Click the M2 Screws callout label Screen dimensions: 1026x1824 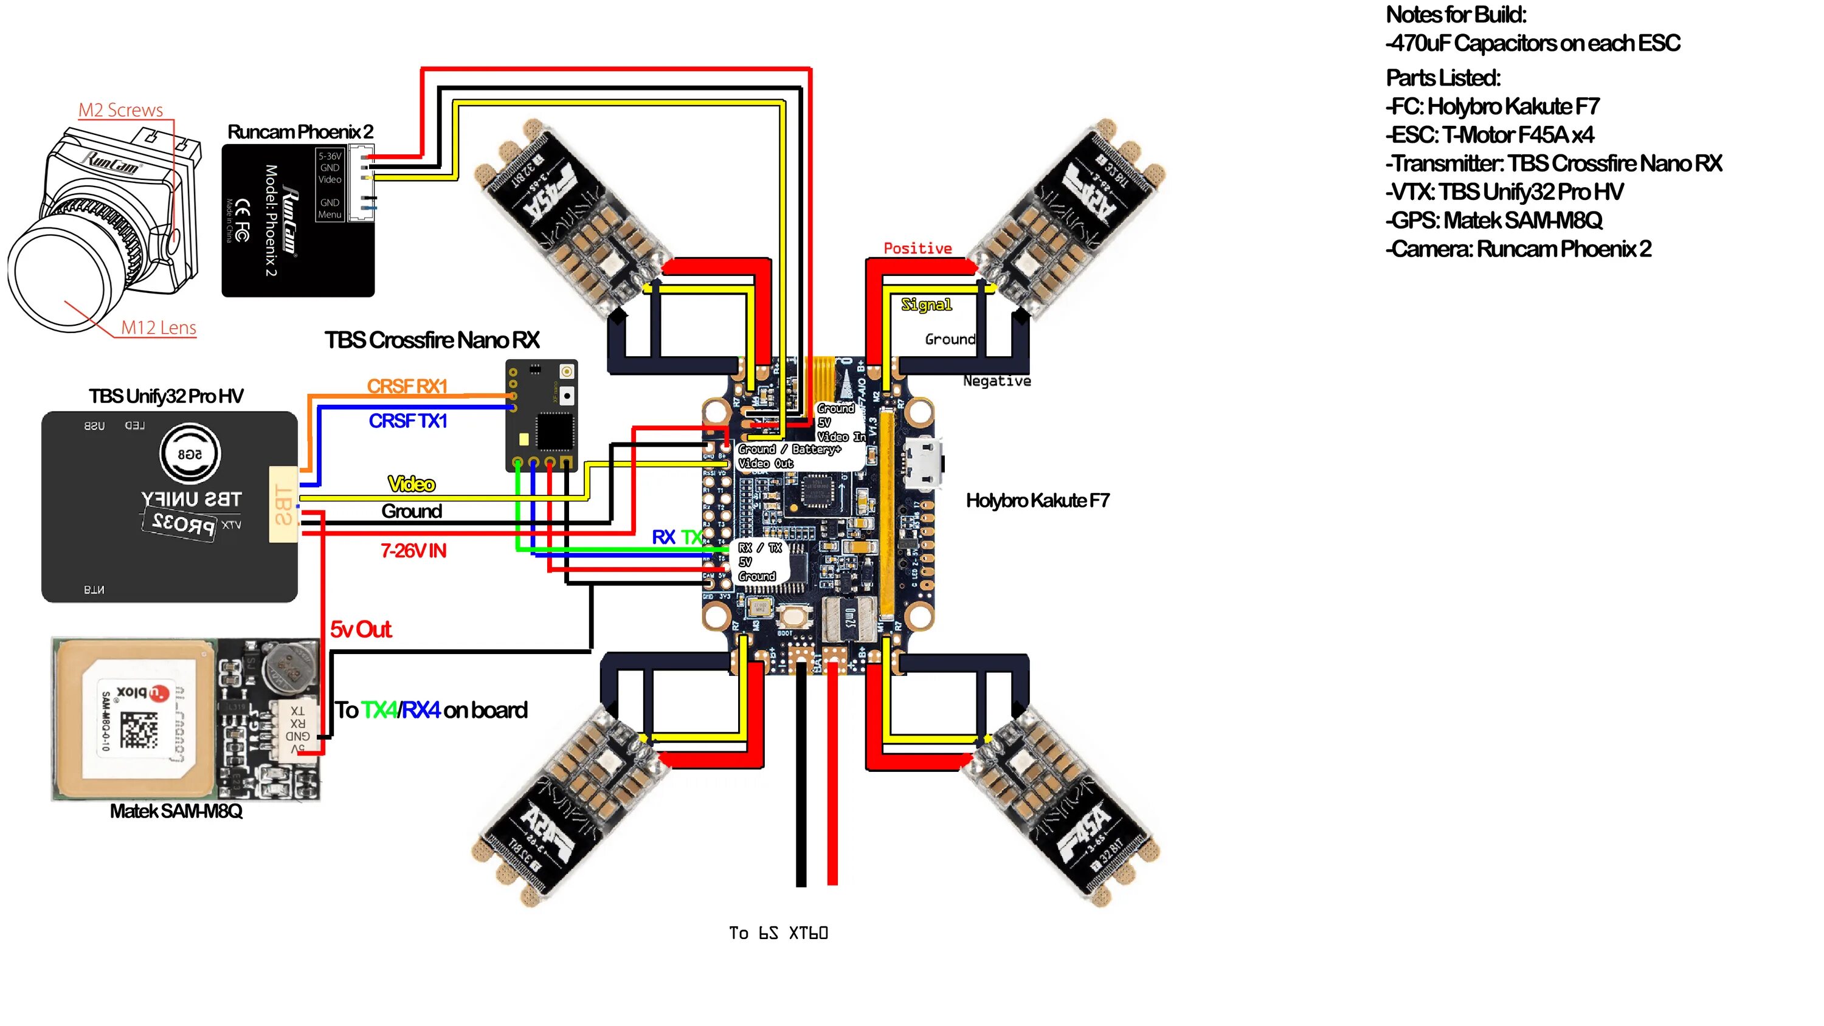120,110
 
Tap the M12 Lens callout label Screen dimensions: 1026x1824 158,327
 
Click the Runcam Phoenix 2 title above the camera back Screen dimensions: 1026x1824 300,132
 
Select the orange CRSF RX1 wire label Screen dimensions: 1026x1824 407,386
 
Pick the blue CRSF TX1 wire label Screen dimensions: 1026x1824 408,421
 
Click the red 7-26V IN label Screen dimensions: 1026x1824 413,550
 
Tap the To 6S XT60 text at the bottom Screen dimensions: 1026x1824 778,932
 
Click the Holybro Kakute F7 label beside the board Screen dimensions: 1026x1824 1037,501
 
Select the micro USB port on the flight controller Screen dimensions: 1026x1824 924,464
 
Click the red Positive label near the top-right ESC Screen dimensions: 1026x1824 917,248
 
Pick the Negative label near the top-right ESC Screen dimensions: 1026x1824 997,381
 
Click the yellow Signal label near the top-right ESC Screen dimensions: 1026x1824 926,305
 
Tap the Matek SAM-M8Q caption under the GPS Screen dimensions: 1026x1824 176,811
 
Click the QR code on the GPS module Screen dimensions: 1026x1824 138,730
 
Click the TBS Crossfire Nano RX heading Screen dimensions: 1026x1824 432,340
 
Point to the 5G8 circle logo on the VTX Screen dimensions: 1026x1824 190,454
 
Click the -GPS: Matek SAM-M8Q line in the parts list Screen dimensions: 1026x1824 1494,220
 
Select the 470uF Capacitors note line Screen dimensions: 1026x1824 1533,43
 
